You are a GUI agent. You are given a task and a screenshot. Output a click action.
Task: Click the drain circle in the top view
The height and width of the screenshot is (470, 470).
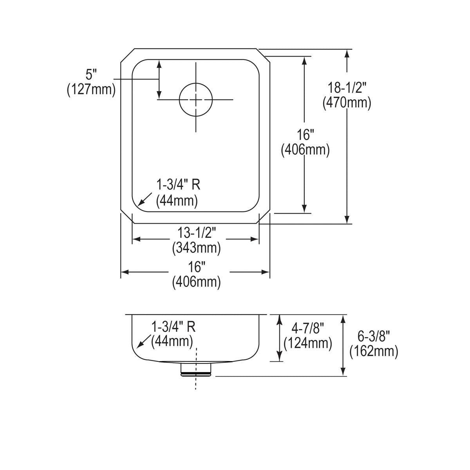pos(196,99)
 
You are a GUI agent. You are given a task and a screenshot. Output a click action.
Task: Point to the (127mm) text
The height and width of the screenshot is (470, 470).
pos(91,90)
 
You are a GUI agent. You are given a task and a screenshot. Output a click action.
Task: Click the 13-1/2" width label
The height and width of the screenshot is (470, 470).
pos(196,233)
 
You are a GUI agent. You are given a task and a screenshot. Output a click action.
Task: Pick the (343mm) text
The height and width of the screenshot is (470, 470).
pos(196,248)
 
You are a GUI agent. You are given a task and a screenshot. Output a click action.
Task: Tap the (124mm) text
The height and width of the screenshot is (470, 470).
pos(307,343)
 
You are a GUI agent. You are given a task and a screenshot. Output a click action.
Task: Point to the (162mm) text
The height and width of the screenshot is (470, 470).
pos(374,351)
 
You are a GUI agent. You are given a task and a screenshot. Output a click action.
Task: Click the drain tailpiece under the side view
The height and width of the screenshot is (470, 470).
pos(196,369)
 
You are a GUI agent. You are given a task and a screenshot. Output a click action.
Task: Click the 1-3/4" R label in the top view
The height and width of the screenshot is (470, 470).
pos(178,184)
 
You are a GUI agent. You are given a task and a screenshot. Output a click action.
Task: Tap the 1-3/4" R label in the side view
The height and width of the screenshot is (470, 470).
pos(173,326)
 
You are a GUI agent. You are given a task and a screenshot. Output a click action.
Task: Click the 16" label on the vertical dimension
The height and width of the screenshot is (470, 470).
pos(305,135)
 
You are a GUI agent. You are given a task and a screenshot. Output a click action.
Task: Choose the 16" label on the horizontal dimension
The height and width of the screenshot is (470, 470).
pos(196,267)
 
